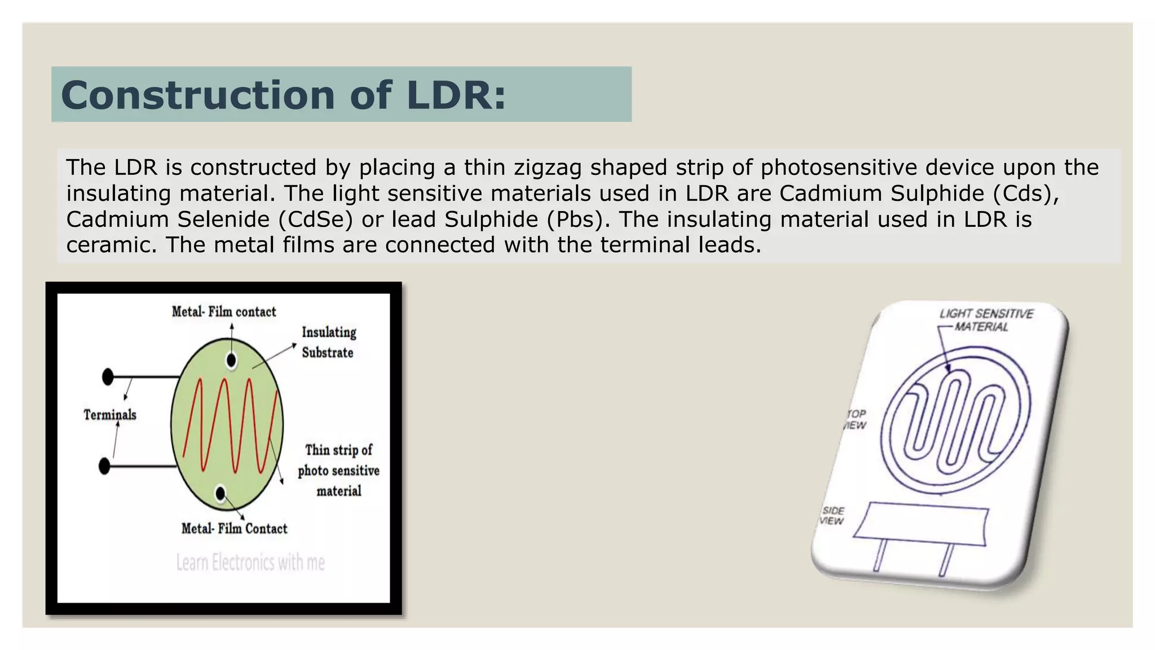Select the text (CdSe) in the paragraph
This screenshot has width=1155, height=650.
[x=315, y=219]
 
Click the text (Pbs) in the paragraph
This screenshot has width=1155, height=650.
[x=577, y=219]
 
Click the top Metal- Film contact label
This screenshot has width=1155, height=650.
[x=224, y=311]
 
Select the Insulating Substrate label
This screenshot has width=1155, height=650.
[x=329, y=342]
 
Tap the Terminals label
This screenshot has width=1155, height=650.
[x=110, y=415]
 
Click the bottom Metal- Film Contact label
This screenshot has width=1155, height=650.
[x=234, y=529]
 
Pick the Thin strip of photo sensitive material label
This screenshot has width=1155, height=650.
[x=338, y=470]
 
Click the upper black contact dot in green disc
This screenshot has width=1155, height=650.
[x=231, y=360]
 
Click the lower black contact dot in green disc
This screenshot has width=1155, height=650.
[x=221, y=494]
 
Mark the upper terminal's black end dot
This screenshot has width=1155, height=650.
[x=108, y=376]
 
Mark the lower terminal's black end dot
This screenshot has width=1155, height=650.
[x=104, y=467]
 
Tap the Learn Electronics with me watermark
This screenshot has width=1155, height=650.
[x=250, y=563]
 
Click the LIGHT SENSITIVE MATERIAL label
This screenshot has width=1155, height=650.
[x=985, y=320]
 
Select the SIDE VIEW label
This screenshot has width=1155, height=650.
[x=832, y=516]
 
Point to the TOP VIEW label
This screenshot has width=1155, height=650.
[x=855, y=419]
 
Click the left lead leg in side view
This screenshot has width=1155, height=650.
[x=880, y=555]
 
